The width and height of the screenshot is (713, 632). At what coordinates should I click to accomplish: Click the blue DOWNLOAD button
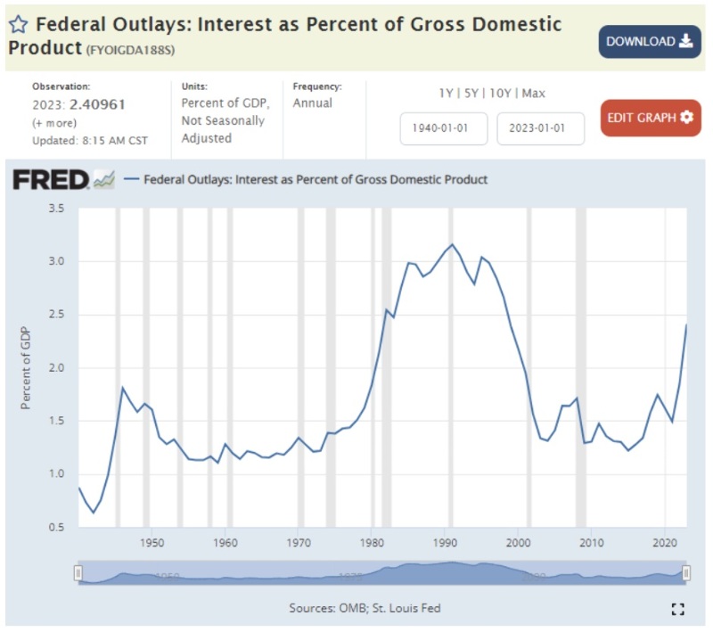point(650,42)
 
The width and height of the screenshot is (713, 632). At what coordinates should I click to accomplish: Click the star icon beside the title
point(19,23)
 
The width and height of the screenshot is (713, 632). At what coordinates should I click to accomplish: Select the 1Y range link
point(446,93)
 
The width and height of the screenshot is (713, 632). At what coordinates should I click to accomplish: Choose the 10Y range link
point(502,93)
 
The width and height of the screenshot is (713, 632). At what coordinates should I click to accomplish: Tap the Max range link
point(534,93)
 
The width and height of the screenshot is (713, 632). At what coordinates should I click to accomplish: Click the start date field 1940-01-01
point(444,128)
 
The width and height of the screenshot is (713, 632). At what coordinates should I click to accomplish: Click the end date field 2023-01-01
point(541,128)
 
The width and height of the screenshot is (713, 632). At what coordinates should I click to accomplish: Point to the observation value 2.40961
point(97,103)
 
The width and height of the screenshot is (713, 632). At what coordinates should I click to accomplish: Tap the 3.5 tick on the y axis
point(56,209)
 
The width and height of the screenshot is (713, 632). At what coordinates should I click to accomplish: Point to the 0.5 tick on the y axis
point(56,527)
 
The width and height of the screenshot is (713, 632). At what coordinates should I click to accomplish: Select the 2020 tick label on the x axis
point(662,542)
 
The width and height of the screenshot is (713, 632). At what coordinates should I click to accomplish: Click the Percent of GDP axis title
point(26,368)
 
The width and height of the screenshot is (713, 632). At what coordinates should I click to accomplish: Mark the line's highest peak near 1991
point(452,244)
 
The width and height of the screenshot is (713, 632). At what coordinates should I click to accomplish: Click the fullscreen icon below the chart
point(677,609)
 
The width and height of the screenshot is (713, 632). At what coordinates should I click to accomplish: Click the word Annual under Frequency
point(312,103)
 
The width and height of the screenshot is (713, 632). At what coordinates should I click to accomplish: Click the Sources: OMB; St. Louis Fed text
point(365,608)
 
